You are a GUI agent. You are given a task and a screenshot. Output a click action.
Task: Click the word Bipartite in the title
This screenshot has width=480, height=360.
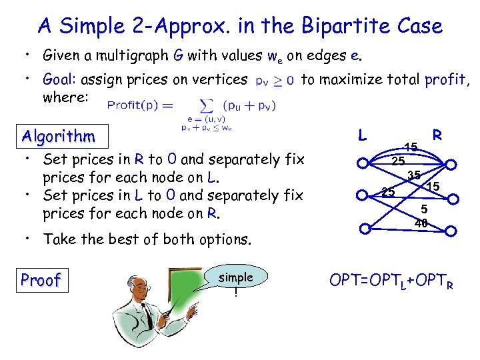pyautogui.click(x=339, y=26)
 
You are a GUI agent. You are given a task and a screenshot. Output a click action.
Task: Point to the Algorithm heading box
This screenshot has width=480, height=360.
pyautogui.click(x=58, y=137)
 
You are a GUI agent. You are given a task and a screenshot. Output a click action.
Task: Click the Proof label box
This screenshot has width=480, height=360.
pyautogui.click(x=41, y=280)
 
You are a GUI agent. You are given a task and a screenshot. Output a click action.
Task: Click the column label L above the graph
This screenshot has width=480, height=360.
pyautogui.click(x=362, y=135)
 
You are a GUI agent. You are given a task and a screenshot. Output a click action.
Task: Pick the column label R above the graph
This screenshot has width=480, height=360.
pyautogui.click(x=437, y=135)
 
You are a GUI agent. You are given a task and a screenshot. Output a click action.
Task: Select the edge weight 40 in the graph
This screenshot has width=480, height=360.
pyautogui.click(x=420, y=224)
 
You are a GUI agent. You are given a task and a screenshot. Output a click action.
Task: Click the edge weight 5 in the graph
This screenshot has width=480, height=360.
pyautogui.click(x=423, y=209)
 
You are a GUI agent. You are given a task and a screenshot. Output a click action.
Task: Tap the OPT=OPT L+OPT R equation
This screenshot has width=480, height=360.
pyautogui.click(x=392, y=280)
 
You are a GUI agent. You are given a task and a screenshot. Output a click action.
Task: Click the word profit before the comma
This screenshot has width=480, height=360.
pyautogui.click(x=445, y=80)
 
